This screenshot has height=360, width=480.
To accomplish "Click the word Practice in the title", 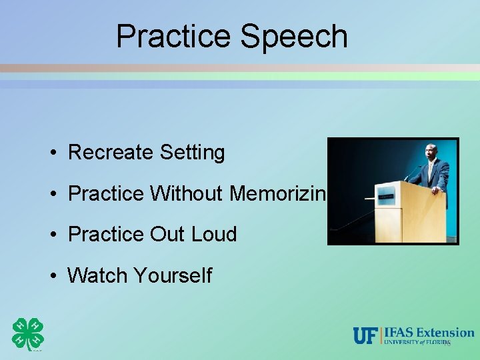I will click(175, 37).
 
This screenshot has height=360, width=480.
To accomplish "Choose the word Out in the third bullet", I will click(166, 234).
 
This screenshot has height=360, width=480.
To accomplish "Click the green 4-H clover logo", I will click(28, 333).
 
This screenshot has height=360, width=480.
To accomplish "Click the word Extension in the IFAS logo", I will click(447, 331).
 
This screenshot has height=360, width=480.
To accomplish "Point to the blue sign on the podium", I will click(386, 197).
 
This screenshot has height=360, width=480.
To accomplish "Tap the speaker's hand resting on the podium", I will click(435, 191).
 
